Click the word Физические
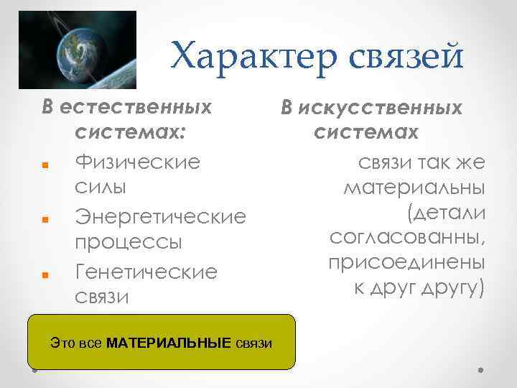137,160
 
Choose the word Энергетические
160,216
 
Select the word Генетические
146,272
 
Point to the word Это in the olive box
62,343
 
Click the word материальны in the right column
414,188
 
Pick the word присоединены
406,262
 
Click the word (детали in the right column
445,213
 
